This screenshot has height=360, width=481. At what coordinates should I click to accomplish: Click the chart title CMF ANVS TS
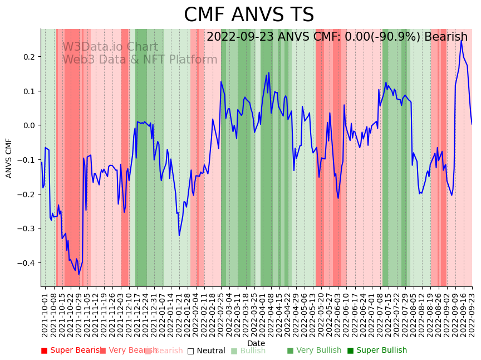249,15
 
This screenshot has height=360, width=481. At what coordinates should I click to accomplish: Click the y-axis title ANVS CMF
9,158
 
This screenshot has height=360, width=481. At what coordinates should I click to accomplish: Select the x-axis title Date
256,343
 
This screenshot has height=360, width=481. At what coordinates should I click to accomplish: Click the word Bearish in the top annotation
446,37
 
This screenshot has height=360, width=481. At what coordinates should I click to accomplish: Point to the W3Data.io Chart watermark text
110,47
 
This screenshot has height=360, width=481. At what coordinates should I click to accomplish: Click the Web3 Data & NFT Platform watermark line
140,60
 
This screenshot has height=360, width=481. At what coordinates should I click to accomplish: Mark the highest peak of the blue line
461,41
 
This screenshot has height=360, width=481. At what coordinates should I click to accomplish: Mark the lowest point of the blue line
78,274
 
